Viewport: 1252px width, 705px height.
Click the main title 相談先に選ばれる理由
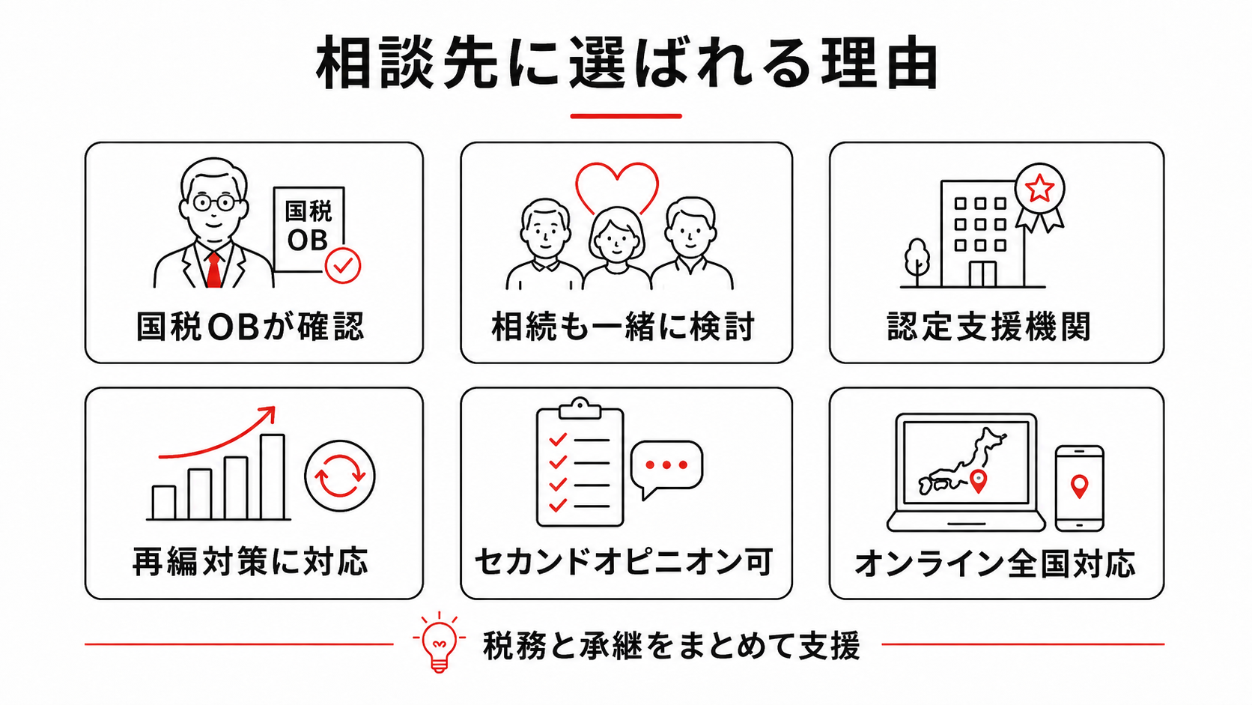coord(626,63)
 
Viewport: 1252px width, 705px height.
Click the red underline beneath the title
coord(626,116)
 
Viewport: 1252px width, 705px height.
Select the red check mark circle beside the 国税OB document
coord(343,265)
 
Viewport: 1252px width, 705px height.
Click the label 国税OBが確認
coord(250,327)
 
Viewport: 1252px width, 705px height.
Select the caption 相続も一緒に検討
coord(623,327)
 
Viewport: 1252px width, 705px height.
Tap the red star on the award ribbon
coord(1039,188)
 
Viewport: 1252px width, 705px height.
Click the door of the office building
coord(982,274)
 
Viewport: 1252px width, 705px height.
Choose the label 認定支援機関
coord(988,327)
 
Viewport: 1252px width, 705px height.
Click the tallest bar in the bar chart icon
coord(273,477)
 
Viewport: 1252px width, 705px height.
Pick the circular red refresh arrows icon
coord(340,476)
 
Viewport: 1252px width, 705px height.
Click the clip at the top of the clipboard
coord(580,408)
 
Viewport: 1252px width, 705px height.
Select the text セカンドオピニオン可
coord(624,562)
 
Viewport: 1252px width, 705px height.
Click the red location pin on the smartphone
coord(1079,485)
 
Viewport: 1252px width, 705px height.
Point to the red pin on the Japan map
coord(978,482)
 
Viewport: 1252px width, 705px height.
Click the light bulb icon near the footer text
coord(439,643)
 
